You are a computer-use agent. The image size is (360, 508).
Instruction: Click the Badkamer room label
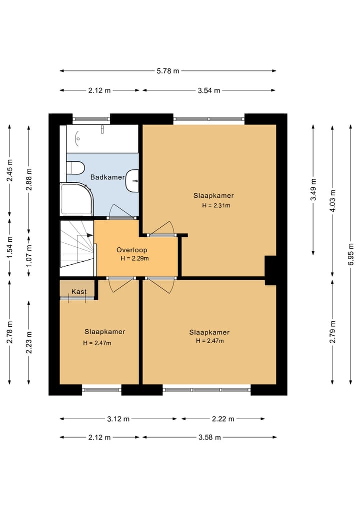[107, 177]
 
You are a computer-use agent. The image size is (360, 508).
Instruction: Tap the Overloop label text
[131, 250]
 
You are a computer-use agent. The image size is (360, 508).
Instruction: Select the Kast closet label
[79, 291]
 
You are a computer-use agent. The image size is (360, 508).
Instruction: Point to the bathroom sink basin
[132, 180]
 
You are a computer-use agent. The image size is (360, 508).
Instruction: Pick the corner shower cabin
[76, 199]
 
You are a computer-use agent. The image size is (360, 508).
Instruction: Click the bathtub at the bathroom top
[102, 139]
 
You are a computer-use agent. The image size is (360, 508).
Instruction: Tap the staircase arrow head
[90, 235]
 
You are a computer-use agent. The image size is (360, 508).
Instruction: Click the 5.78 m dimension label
[168, 70]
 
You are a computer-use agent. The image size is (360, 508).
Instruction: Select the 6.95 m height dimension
[350, 254]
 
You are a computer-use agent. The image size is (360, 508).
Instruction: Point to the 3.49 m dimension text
[313, 189]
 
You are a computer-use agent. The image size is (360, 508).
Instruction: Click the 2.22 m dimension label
[223, 419]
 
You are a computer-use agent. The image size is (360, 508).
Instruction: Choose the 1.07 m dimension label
[29, 255]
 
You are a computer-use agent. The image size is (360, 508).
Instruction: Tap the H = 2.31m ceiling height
[216, 205]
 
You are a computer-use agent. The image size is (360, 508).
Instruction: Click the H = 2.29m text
[134, 259]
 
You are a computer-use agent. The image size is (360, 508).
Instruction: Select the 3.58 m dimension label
[209, 438]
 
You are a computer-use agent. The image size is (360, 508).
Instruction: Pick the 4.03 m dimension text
[332, 201]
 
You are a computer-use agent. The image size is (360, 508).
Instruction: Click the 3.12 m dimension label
[118, 419]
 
